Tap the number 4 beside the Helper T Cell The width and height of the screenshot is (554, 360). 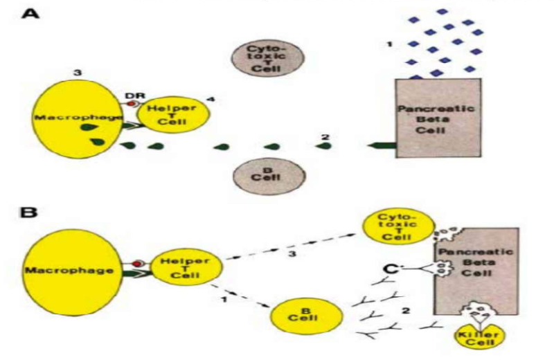(210, 100)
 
